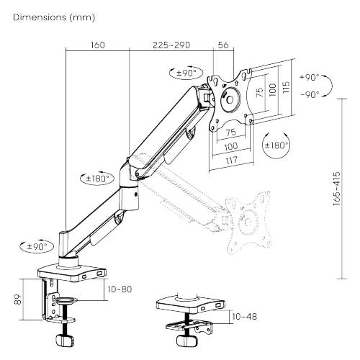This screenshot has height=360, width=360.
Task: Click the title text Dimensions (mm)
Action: (54, 17)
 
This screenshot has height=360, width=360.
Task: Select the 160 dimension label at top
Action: (98, 45)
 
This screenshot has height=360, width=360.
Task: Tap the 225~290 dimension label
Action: (171, 45)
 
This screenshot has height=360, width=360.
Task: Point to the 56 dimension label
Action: (223, 45)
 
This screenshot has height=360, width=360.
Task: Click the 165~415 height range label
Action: (337, 189)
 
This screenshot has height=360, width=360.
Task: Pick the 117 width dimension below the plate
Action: (232, 161)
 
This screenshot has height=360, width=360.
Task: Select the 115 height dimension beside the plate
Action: (286, 87)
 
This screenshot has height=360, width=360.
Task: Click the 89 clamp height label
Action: (18, 300)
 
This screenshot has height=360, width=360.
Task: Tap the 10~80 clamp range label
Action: (120, 289)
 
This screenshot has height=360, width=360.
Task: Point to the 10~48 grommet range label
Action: (244, 317)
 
